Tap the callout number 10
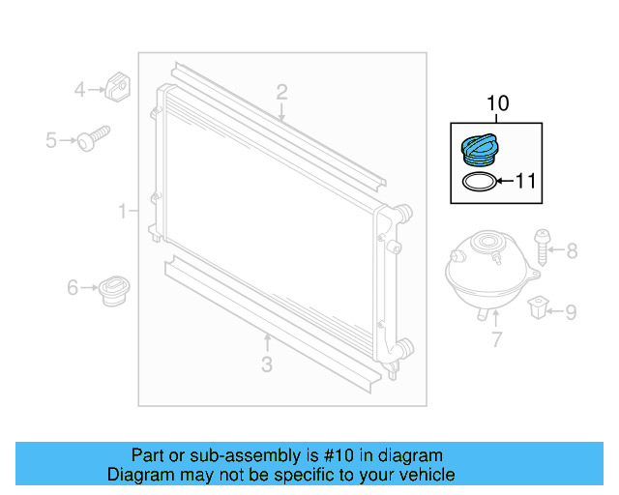(x=498, y=103)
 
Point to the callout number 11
(x=526, y=181)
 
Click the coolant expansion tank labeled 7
(x=489, y=273)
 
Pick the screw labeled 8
(x=542, y=247)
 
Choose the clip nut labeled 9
(x=538, y=306)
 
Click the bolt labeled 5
(x=93, y=138)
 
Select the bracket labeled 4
(x=117, y=87)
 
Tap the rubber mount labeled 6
(x=114, y=291)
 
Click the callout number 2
(x=281, y=93)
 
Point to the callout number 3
(x=267, y=364)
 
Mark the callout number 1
(x=123, y=211)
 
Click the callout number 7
(x=496, y=339)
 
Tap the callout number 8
(x=572, y=250)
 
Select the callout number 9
(x=571, y=312)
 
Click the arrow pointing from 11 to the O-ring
(x=505, y=181)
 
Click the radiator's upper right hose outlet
(x=404, y=213)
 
